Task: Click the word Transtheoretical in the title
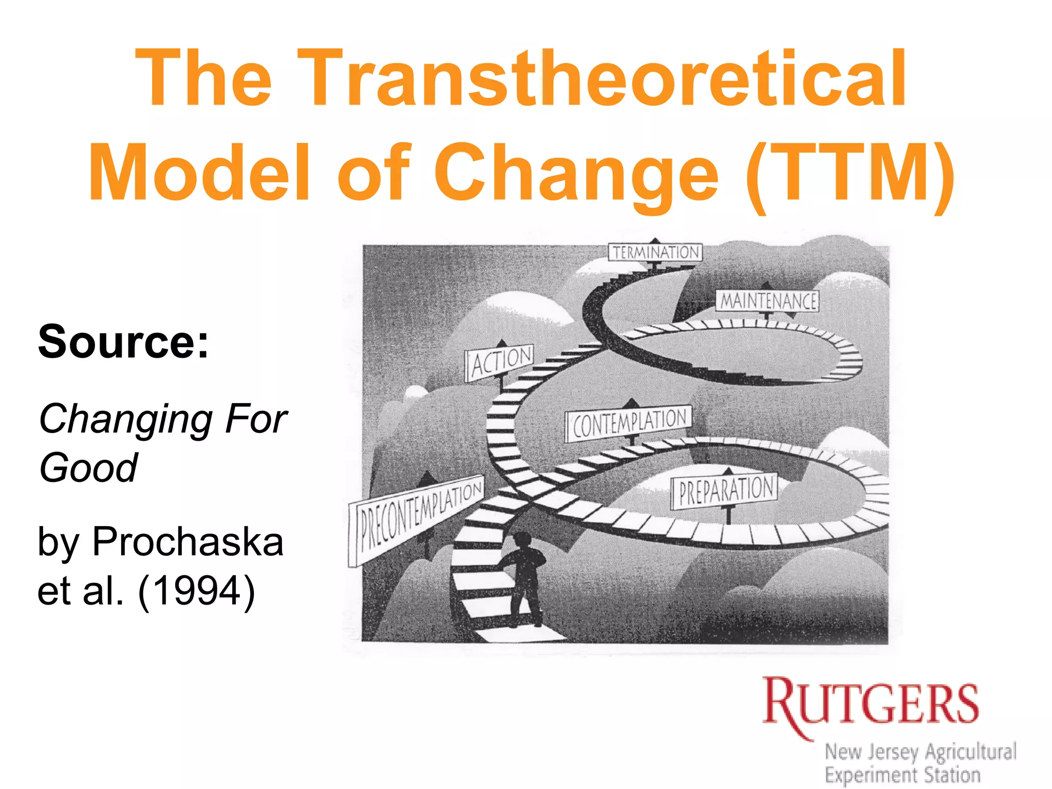click(x=601, y=78)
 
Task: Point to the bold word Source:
click(x=124, y=342)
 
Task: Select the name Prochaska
click(x=188, y=541)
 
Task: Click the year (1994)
click(x=196, y=591)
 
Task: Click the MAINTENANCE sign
click(x=767, y=301)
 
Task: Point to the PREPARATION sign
click(x=725, y=491)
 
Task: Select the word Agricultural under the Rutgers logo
click(x=971, y=752)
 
